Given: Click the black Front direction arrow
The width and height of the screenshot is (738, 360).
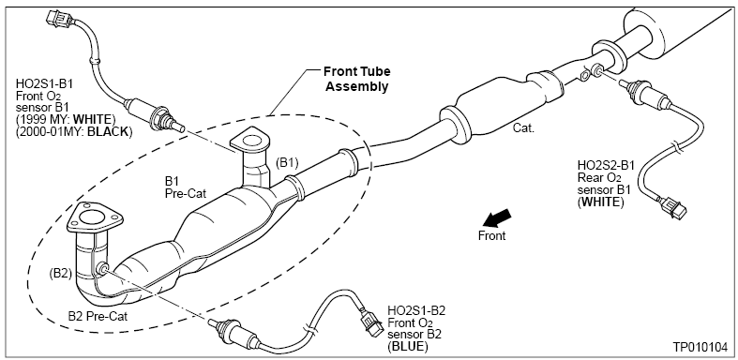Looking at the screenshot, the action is (497, 218).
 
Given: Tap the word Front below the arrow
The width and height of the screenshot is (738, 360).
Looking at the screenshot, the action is (491, 235).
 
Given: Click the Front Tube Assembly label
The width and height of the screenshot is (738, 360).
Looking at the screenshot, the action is (356, 79).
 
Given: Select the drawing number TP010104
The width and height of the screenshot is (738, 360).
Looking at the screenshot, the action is (700, 347).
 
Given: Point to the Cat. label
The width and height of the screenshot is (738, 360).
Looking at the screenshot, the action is (523, 128).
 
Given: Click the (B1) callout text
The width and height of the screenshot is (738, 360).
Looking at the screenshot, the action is (287, 163).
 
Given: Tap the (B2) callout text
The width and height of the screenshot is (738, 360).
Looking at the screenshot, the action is (60, 274).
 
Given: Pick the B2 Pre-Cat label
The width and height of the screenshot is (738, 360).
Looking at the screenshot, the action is (98, 316).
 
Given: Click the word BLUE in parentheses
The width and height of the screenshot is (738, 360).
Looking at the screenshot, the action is (408, 347).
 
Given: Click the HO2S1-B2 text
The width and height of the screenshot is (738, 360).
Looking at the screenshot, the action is (416, 310).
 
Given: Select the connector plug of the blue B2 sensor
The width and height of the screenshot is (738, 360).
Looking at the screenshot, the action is (372, 323).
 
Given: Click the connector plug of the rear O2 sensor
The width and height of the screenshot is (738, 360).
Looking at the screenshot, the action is (673, 207).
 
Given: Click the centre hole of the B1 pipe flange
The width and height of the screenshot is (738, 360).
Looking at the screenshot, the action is (251, 141).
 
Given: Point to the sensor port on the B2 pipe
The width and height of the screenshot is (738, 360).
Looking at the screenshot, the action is (102, 269).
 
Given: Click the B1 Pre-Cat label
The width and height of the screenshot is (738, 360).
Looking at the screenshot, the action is (186, 187).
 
